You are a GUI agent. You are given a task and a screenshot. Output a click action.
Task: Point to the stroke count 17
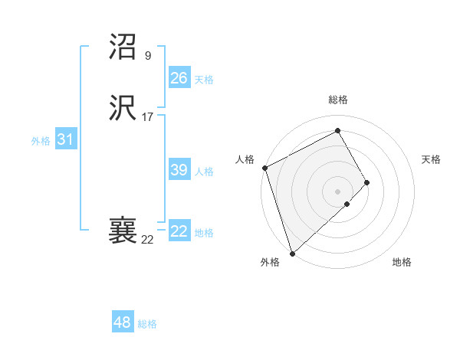pos(147,117)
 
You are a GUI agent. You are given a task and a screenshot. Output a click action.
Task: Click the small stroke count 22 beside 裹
pos(147,240)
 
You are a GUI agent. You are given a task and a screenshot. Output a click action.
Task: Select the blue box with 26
pos(179,78)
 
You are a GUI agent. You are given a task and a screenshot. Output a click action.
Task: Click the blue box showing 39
pos(179,170)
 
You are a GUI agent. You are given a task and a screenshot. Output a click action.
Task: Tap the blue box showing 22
pos(179,231)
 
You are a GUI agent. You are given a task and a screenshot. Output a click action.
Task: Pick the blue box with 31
pos(65,139)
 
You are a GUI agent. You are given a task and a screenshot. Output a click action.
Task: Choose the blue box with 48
pos(122,322)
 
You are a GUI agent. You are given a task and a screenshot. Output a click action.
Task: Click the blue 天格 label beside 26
pos(204,80)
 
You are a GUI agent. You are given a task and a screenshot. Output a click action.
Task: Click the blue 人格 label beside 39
pos(204,172)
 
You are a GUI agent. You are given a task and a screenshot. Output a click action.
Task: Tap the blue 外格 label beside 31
pos(41,141)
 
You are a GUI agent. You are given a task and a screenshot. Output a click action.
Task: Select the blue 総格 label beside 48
pos(147,324)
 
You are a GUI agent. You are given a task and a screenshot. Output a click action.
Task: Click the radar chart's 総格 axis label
pos(338,100)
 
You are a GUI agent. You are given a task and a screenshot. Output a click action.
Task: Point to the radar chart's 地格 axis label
pos(402,263)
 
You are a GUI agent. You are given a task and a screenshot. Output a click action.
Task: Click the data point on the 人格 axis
pos(264,168)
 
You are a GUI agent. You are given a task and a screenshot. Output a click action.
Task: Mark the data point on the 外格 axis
pos(291,253)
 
